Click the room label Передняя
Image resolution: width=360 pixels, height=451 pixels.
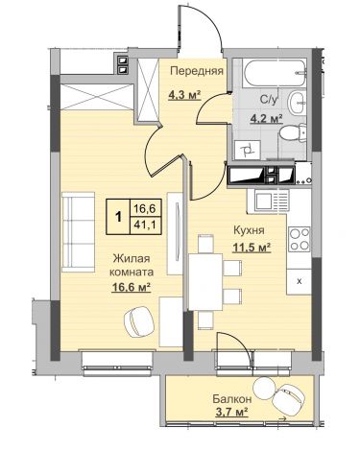[x=197, y=71]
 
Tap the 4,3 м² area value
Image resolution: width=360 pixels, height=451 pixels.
[x=184, y=95]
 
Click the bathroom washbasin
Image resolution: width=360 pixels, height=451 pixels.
[x=298, y=103]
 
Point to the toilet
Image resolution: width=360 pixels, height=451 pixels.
[x=293, y=133]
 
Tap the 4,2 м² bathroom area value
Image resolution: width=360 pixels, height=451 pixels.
[x=267, y=119]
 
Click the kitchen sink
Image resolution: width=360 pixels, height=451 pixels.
[x=268, y=201]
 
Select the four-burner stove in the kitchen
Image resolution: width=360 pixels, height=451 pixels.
[x=300, y=239]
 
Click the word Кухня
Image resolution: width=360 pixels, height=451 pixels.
[x=249, y=230]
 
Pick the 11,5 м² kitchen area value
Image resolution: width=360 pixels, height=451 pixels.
[x=252, y=248]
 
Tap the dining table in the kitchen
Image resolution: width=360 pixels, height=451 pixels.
[x=205, y=282]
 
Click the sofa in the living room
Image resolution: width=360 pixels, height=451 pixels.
[x=78, y=232]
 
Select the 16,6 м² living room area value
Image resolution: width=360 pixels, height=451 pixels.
[x=132, y=288]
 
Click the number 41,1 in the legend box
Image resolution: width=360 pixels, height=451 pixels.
[x=145, y=225]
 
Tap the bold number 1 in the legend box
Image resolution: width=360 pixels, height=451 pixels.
[x=118, y=217]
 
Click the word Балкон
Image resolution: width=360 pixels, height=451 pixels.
[x=232, y=399]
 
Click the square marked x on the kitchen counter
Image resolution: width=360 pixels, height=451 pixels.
[x=299, y=281]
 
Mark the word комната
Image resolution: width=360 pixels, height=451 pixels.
[x=132, y=273]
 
